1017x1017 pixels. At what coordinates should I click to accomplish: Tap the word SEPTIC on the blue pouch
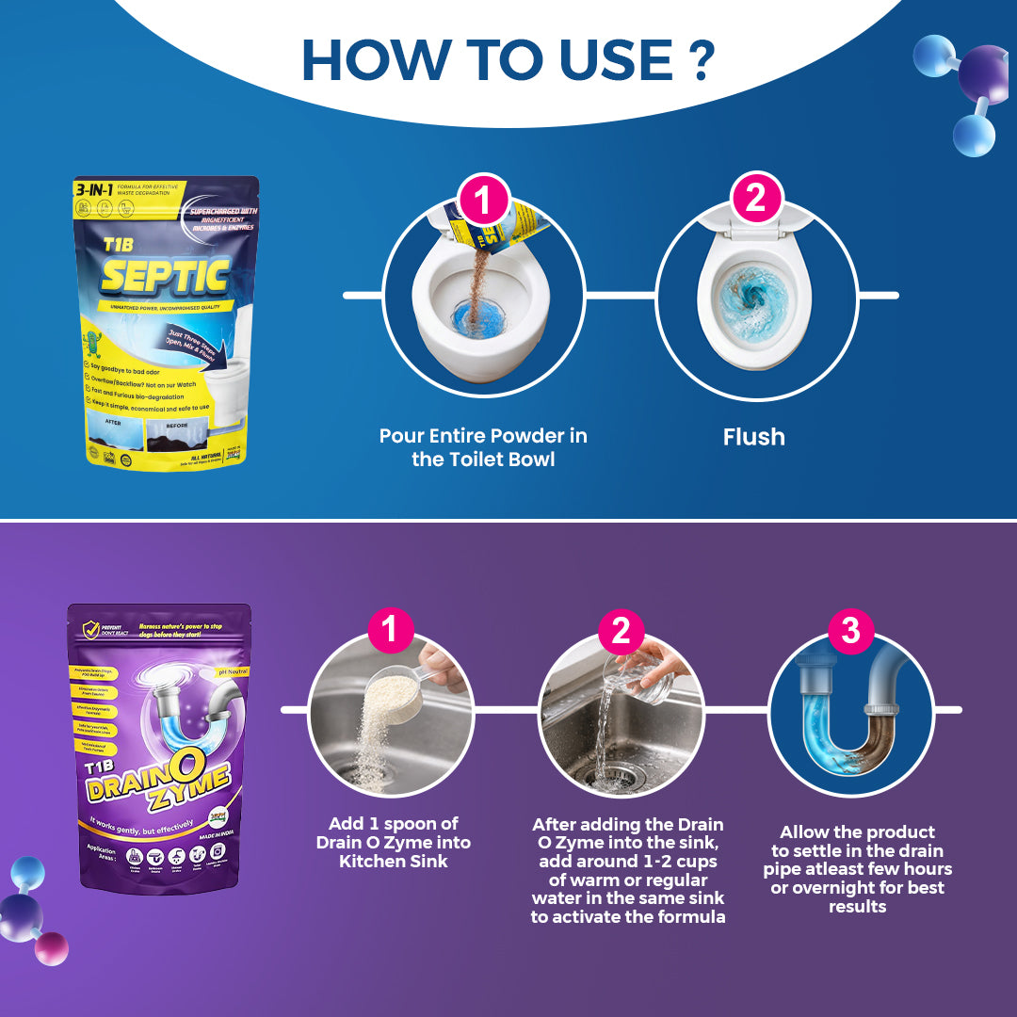[x=166, y=277]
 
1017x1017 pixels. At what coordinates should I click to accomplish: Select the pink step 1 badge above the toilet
[x=483, y=202]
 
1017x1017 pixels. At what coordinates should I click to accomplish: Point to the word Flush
[x=753, y=437]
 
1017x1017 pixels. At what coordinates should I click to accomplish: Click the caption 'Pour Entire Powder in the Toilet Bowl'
[x=483, y=447]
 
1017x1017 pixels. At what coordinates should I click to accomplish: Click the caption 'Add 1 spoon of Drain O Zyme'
[x=393, y=842]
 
